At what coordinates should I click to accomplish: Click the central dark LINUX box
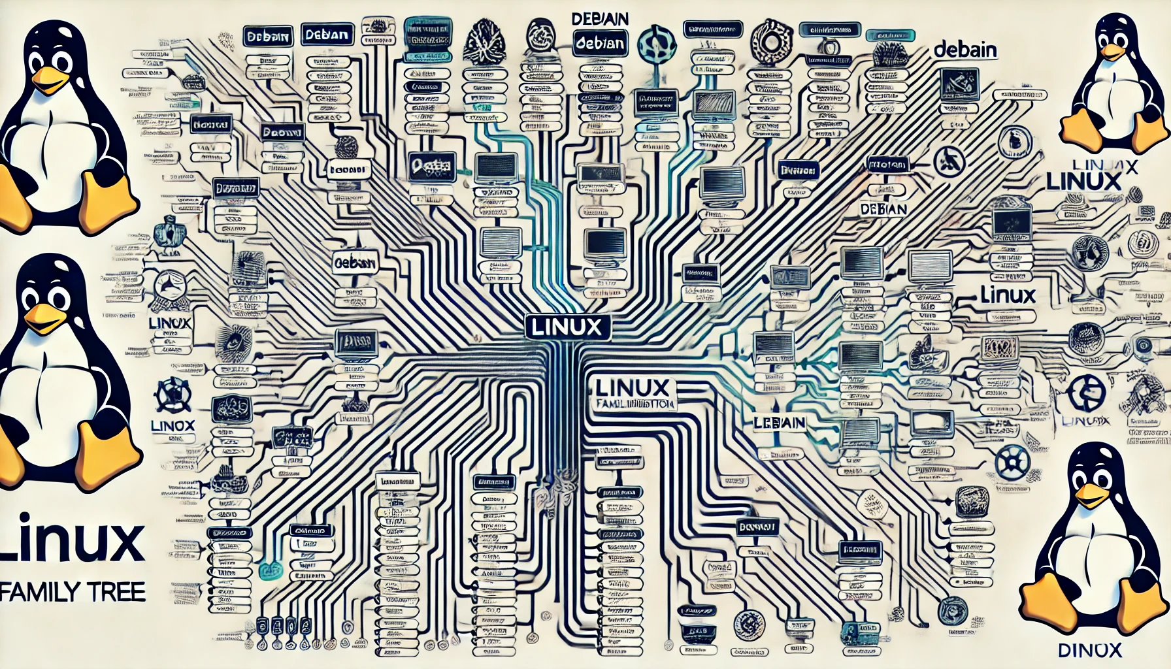(567, 327)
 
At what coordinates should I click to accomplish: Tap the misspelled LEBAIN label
(779, 423)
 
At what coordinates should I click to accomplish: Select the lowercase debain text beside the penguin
(965, 50)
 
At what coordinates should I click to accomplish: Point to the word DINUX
(1089, 650)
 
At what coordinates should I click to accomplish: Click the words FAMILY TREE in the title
(73, 592)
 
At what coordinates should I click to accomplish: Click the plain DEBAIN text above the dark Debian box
(600, 19)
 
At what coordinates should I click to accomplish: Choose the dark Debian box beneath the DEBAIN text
(600, 44)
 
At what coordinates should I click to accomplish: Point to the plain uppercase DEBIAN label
(883, 209)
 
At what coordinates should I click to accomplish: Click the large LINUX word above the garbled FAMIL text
(632, 387)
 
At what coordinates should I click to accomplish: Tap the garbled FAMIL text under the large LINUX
(634, 405)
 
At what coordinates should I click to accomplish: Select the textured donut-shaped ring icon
(771, 41)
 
